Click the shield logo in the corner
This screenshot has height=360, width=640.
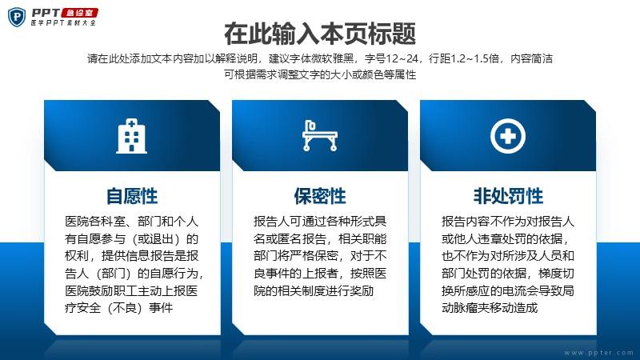point(17,17)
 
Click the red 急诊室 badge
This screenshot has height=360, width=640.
point(80,13)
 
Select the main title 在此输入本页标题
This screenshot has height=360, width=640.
point(320,34)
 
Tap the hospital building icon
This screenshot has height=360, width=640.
point(131,136)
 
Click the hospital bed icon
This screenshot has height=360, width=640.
point(319,136)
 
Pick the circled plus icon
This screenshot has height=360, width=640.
point(508,136)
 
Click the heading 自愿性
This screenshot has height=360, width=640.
point(132,196)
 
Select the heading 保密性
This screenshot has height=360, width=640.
point(320,196)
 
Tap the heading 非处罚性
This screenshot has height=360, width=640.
point(508,196)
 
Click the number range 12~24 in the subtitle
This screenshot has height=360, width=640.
point(402,58)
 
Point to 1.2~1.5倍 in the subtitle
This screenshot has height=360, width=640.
point(474,58)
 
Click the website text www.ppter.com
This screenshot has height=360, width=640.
point(598,353)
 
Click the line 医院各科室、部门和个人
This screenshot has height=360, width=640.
point(131,222)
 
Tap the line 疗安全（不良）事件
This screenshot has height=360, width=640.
point(118,307)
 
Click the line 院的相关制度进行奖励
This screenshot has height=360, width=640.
point(314,290)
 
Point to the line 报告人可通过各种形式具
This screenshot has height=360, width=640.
point(320,222)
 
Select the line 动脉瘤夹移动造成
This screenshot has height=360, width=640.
point(490,307)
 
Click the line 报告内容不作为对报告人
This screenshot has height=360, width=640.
point(508,222)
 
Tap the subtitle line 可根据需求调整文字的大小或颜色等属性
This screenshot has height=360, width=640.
point(320,74)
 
